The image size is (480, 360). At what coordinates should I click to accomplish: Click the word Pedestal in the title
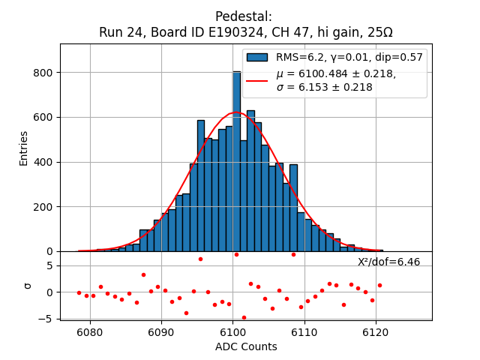244,16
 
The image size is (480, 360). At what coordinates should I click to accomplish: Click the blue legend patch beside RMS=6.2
257,57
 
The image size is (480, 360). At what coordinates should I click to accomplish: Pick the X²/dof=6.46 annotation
388,262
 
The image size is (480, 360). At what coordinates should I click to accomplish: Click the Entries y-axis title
24,148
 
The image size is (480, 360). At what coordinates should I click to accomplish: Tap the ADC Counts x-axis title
246,346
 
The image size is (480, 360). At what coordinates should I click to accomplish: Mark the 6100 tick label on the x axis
232,331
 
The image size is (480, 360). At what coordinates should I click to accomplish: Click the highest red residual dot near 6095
200,259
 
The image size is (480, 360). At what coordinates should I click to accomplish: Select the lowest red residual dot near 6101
244,317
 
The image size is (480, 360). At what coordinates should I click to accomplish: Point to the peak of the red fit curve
235,112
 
